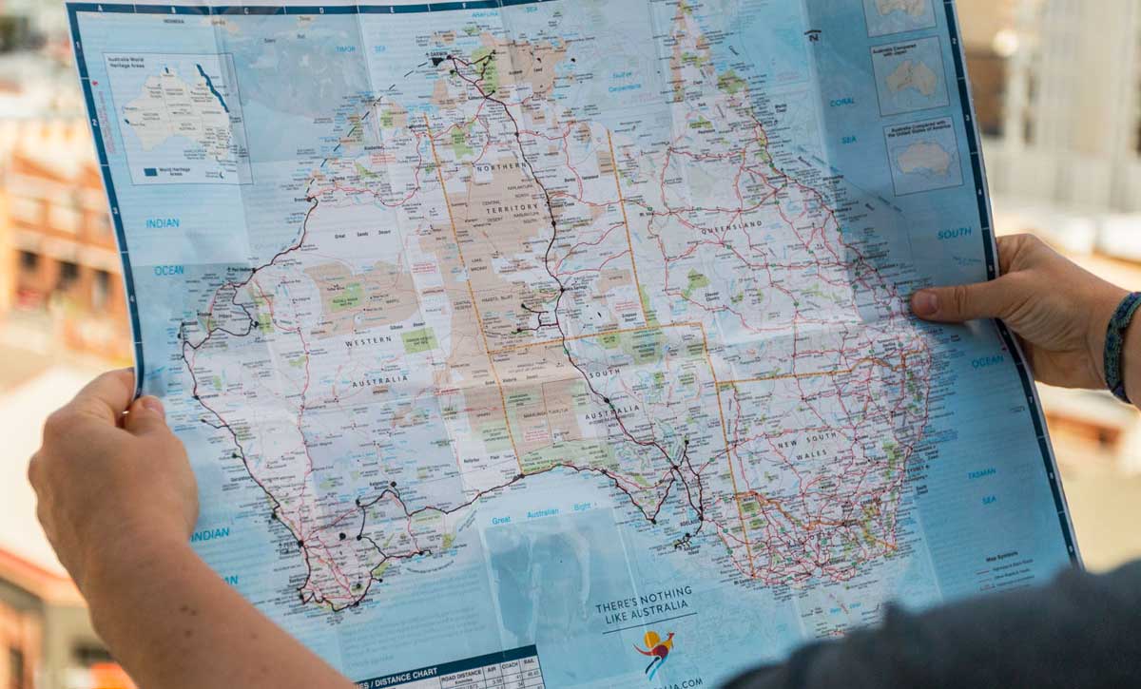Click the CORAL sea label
click(x=841, y=102)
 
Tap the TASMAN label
click(x=981, y=473)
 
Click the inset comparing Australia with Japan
click(x=910, y=76)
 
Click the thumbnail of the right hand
click(x=924, y=303)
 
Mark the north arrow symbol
click(x=813, y=35)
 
